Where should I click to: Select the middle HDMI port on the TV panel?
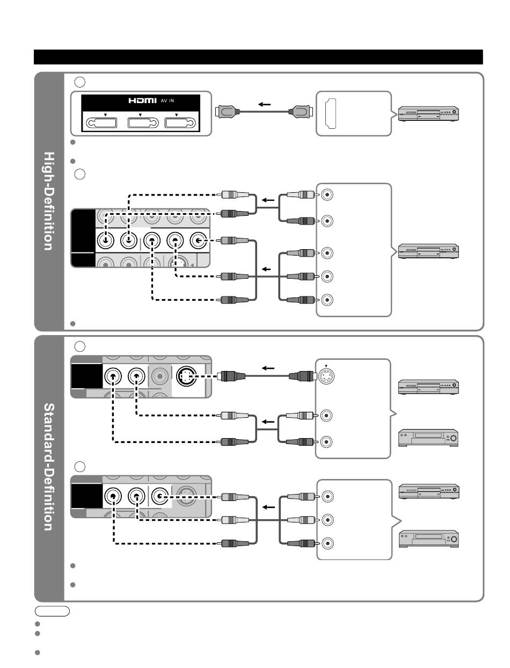point(140,122)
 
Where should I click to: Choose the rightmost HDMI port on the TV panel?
point(179,122)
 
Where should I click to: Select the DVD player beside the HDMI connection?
point(428,114)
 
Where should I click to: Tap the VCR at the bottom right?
point(428,538)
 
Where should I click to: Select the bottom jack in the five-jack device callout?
point(327,299)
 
